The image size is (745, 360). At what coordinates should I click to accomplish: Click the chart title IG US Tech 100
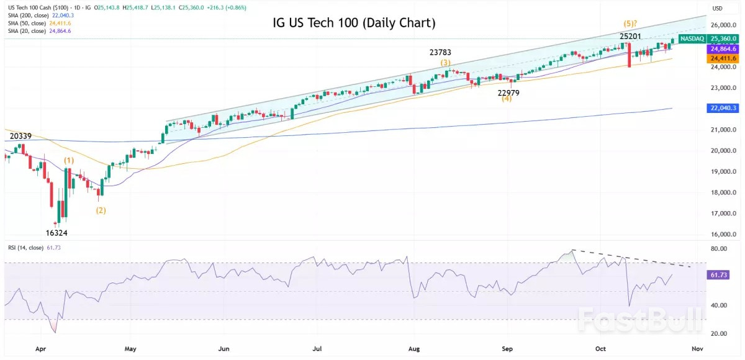[354, 23]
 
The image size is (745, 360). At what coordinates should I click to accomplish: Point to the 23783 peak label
[445, 53]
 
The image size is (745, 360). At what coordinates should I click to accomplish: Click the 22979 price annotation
[508, 92]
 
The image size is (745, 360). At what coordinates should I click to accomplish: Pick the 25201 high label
[630, 37]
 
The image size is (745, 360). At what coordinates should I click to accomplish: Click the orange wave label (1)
[68, 161]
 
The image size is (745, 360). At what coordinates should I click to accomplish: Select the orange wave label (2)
[101, 210]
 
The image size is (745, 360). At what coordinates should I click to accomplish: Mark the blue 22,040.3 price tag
[724, 108]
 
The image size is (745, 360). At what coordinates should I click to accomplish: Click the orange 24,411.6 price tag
[724, 58]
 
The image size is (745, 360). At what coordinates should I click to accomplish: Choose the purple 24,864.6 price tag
[724, 48]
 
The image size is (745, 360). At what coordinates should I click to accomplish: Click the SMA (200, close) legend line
[38, 14]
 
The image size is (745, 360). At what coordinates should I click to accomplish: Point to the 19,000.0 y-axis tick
[725, 171]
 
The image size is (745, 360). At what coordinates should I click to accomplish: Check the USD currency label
[717, 8]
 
